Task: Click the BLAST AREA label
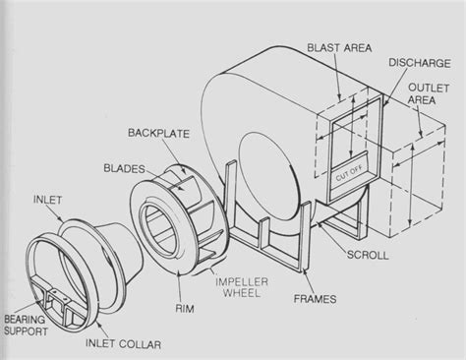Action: (338, 46)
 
